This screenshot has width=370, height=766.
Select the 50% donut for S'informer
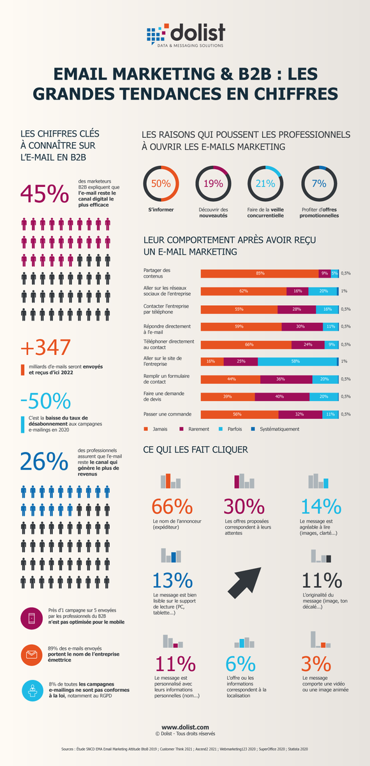click(161, 184)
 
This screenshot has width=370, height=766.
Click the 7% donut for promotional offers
click(318, 184)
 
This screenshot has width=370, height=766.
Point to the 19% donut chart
click(213, 184)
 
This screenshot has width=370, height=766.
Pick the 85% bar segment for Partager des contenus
click(260, 273)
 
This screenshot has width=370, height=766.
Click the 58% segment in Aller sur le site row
click(297, 361)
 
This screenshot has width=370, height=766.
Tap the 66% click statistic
click(172, 506)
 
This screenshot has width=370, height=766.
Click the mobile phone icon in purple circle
click(31, 617)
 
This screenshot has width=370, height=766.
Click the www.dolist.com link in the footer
click(185, 727)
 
